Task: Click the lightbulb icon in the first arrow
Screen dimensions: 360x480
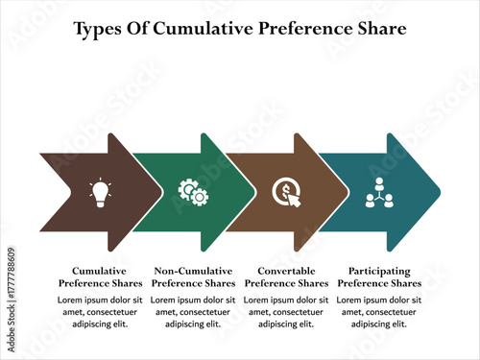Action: (100, 192)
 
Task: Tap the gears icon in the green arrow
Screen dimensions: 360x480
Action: (194, 192)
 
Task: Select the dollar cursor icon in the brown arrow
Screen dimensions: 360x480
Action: (287, 192)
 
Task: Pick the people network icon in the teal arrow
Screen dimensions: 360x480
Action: (379, 192)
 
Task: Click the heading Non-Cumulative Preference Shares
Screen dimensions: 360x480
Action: (194, 277)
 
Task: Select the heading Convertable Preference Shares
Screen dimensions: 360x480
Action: (287, 277)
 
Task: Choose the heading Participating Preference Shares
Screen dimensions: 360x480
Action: (379, 277)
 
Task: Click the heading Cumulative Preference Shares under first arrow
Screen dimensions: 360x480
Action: (101, 277)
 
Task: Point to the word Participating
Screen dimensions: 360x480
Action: (379, 271)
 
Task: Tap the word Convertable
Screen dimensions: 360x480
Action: (287, 271)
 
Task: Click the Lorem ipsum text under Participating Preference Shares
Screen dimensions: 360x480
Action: (379, 312)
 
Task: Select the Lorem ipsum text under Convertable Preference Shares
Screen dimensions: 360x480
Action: (287, 312)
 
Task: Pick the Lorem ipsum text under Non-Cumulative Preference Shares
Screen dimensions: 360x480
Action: (194, 312)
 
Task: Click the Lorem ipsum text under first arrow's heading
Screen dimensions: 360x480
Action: (101, 312)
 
